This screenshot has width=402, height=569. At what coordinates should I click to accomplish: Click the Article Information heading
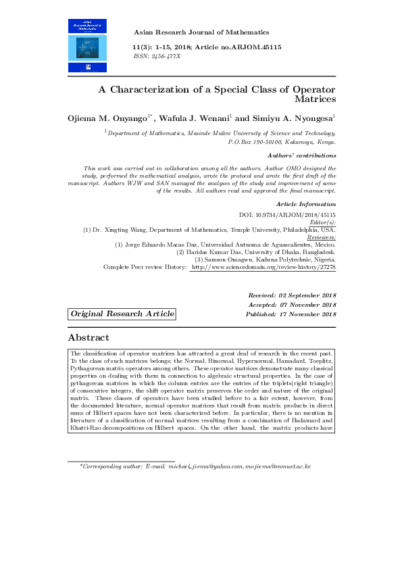306,203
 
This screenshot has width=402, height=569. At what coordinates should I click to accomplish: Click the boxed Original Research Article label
122,314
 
